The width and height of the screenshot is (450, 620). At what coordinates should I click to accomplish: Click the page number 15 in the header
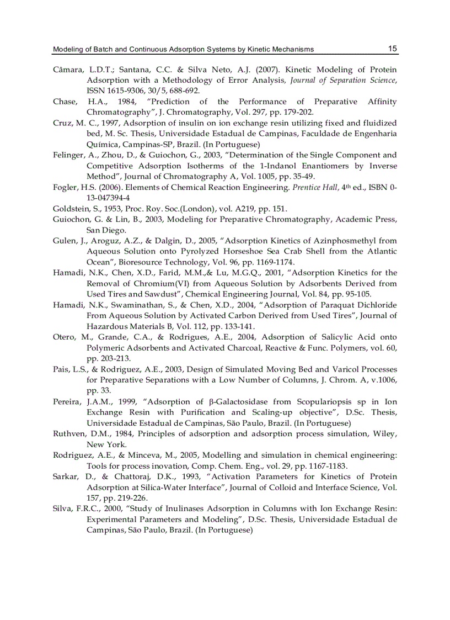click(x=392, y=49)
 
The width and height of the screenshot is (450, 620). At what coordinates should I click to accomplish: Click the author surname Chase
click(x=65, y=102)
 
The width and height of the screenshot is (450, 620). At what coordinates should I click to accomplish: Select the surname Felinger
click(x=69, y=155)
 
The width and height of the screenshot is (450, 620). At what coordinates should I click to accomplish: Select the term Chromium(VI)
click(x=147, y=283)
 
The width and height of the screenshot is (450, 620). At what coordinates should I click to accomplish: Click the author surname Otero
click(x=64, y=337)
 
